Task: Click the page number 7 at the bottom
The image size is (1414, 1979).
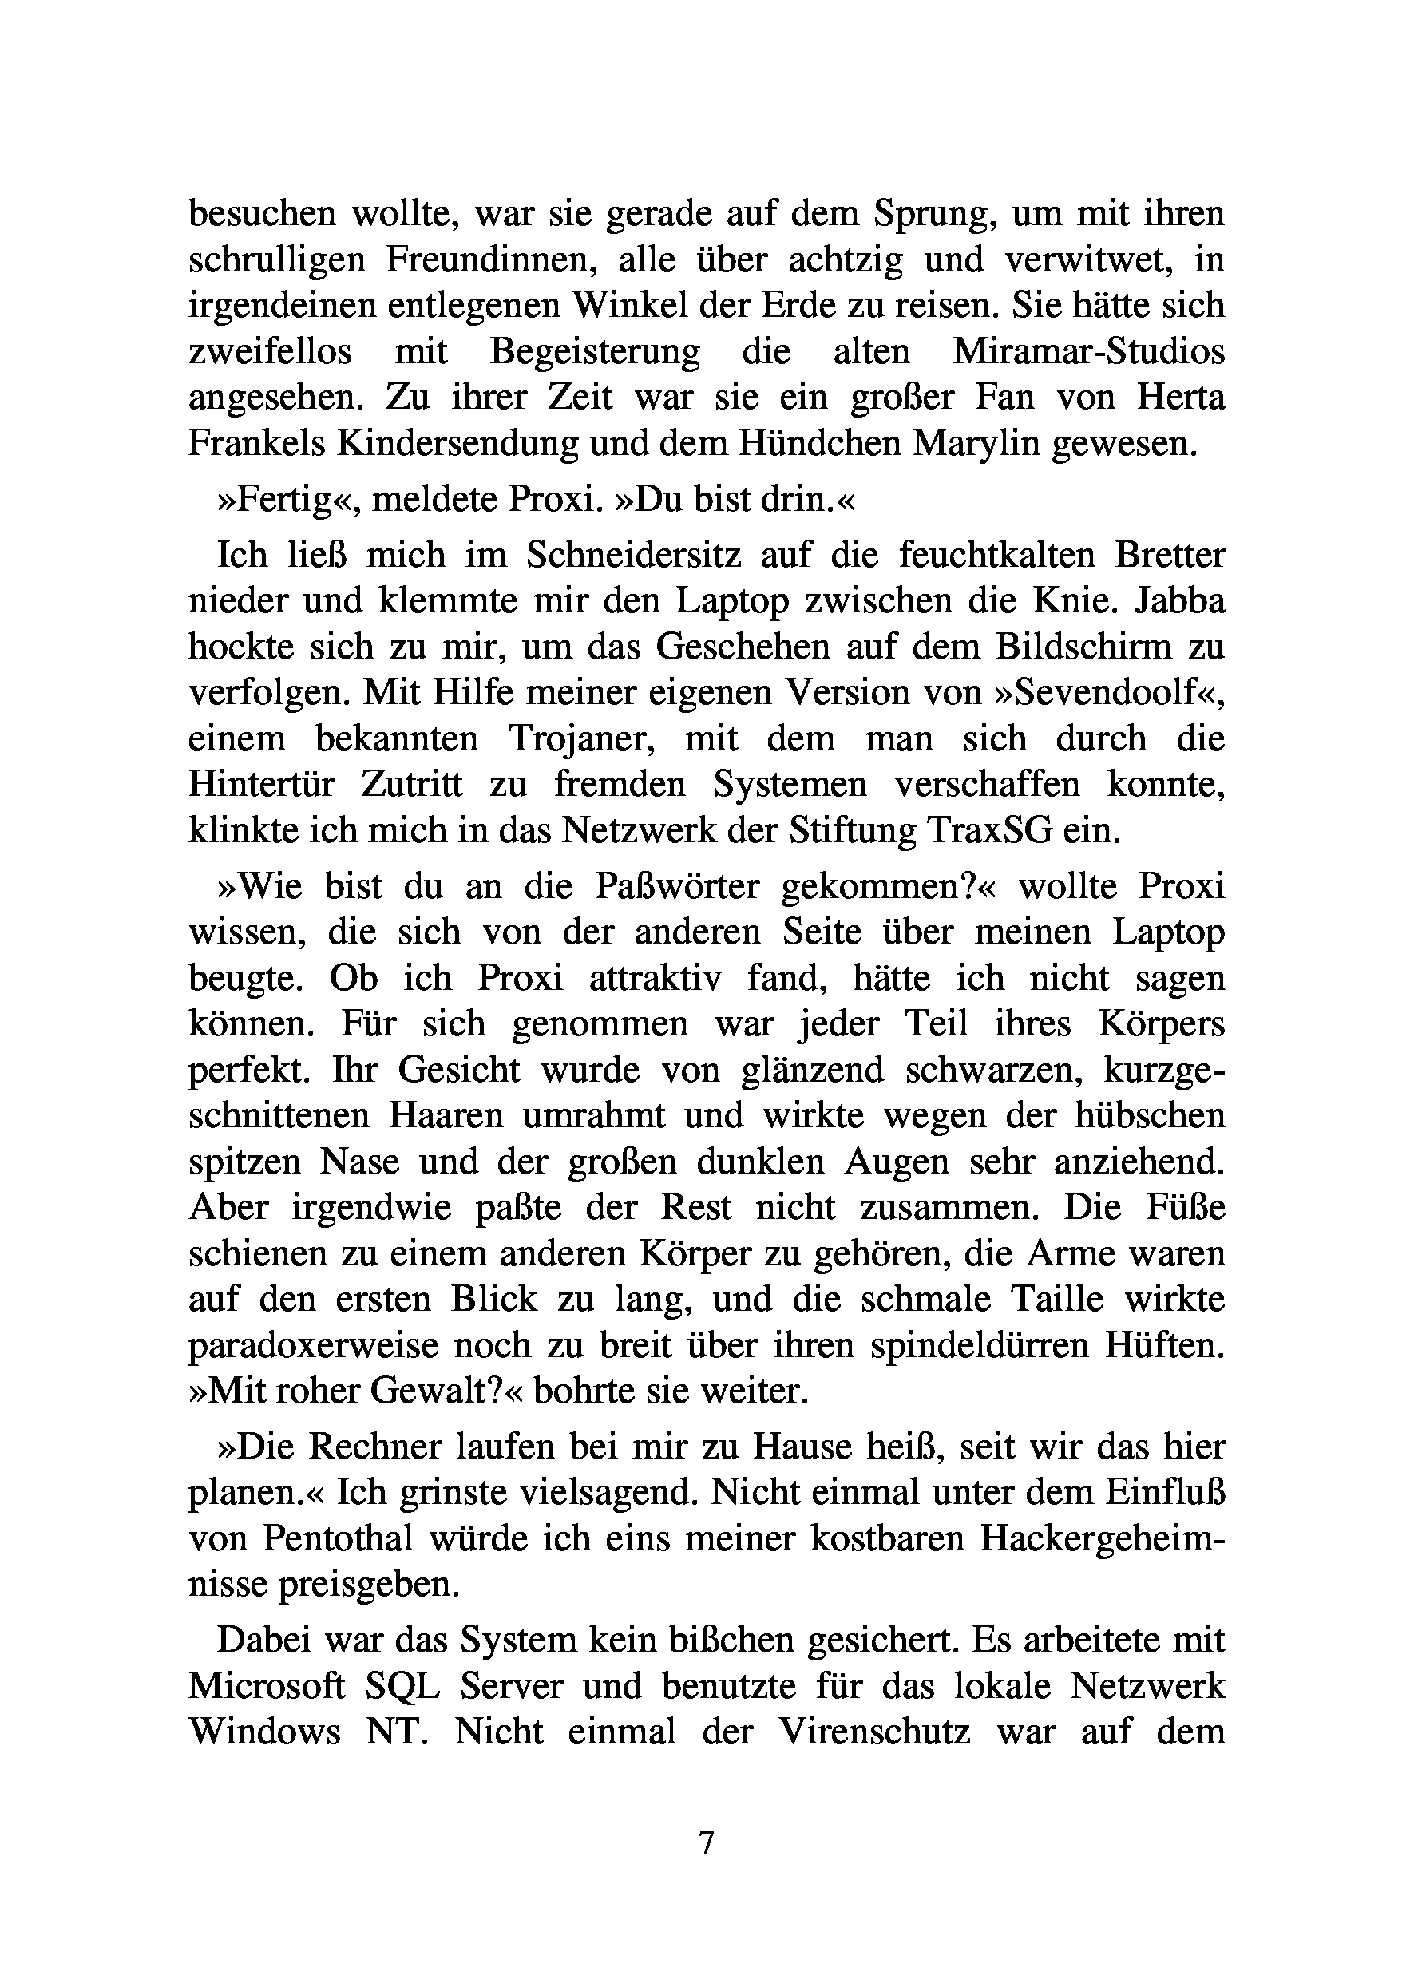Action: tap(706, 1842)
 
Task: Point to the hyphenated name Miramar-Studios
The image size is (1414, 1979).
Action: tap(1088, 352)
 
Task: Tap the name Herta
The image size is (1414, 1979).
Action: tap(1181, 398)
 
